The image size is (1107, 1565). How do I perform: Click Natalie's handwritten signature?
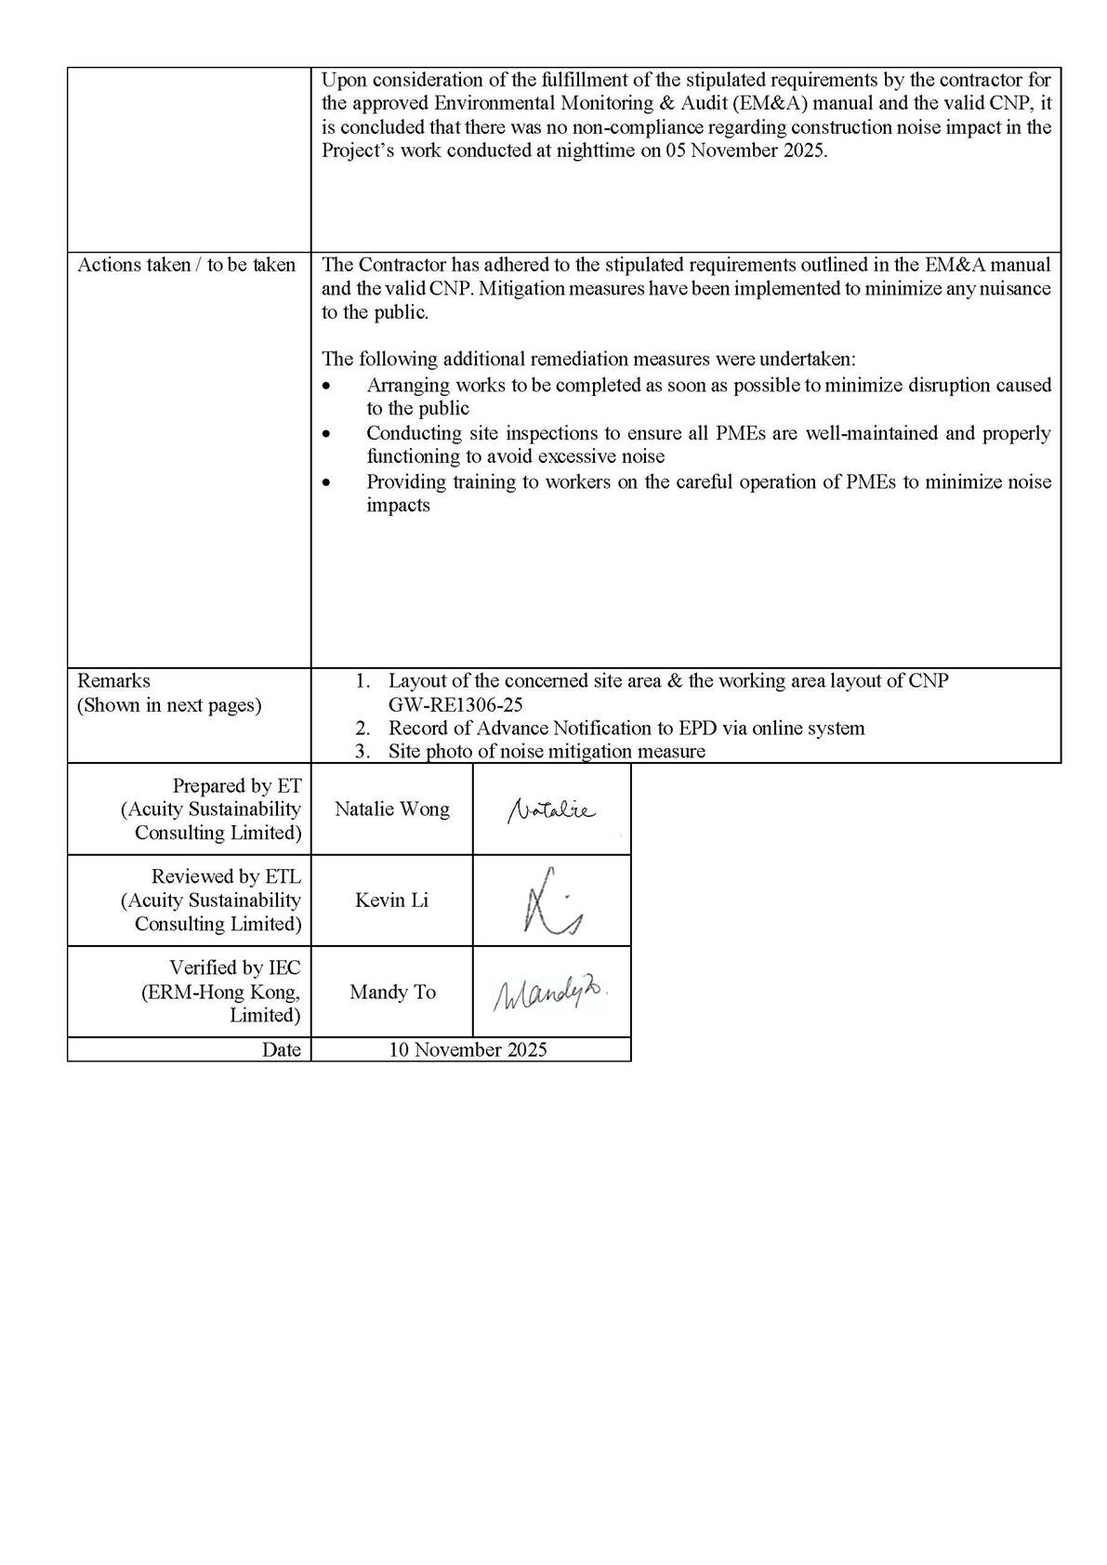(551, 810)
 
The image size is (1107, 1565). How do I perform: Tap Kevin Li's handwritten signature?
(551, 901)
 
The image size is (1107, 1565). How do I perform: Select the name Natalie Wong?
(391, 809)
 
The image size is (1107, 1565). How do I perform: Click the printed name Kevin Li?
(391, 901)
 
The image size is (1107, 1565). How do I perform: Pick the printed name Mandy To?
(392, 993)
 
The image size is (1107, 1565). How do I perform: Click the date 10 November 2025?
(468, 1050)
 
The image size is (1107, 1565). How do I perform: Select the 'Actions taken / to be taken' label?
(186, 265)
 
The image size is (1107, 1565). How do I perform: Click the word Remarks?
(113, 681)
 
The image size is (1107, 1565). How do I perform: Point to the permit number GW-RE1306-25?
(455, 705)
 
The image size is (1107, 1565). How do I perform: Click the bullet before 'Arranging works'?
(325, 386)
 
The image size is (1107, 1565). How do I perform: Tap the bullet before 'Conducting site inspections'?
(325, 434)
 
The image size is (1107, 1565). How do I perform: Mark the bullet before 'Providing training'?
(325, 482)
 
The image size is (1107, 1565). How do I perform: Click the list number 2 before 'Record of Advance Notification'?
(362, 729)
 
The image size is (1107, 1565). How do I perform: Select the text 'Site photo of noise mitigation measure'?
(547, 752)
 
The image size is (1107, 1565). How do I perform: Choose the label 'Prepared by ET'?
(236, 786)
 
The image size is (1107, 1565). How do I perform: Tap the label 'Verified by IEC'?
(234, 968)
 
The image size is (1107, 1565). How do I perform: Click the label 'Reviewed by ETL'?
(226, 877)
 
